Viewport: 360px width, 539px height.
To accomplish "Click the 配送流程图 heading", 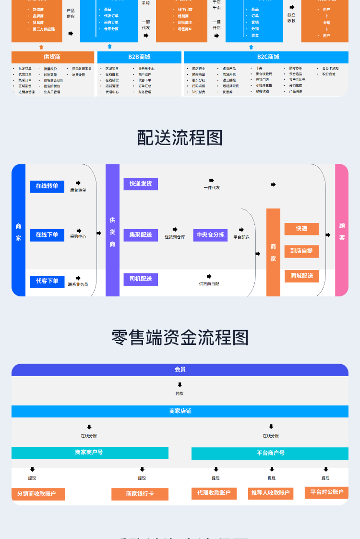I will [180, 138].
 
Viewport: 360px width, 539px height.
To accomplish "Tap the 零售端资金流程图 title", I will [180, 337].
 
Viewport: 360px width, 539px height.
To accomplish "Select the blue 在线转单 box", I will [47, 186].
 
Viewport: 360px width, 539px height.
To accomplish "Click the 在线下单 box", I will [47, 235].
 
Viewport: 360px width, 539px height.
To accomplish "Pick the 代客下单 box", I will [47, 281].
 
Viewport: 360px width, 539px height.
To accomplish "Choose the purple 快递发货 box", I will [141, 184].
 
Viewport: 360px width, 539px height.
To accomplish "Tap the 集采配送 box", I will [141, 235].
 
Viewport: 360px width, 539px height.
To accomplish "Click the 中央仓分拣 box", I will [210, 235].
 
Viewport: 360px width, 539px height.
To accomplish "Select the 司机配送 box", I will [141, 279].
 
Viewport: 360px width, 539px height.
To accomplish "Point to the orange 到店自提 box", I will [301, 251].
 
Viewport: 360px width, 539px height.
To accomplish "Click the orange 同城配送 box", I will [301, 276].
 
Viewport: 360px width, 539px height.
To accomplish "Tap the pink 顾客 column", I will [342, 231].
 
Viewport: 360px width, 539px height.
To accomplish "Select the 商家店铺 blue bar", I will [180, 411].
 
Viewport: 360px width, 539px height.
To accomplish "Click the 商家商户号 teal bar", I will [90, 453].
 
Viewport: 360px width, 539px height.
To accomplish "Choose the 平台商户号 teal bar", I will [270, 453].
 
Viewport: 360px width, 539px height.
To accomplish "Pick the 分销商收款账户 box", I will [38, 494].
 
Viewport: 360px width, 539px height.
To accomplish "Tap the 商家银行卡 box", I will [140, 494].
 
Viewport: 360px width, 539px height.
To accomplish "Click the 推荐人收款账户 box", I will [270, 493].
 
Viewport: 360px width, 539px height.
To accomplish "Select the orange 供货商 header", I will [52, 57].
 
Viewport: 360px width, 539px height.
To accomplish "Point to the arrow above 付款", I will [180, 385].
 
